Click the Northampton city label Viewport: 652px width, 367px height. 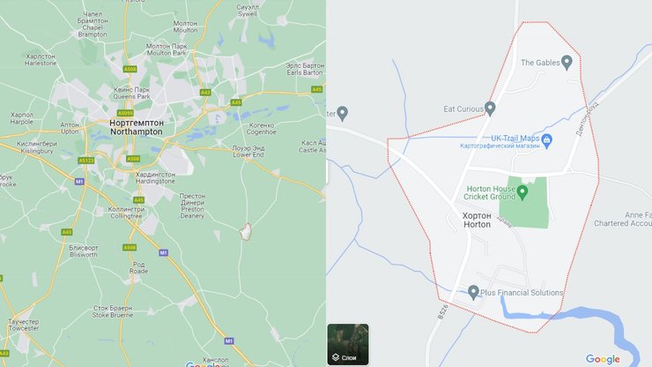click(x=136, y=127)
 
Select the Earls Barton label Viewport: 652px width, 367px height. click(x=305, y=68)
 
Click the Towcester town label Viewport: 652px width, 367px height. click(x=23, y=326)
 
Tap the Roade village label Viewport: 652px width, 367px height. click(x=138, y=268)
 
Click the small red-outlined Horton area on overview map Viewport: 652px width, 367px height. click(x=246, y=230)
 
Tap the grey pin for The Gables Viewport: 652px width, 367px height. click(x=567, y=62)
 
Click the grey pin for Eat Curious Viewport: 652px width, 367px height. click(x=490, y=109)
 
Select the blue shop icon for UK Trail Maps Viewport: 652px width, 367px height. click(x=546, y=139)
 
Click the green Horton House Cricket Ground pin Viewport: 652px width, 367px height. click(x=522, y=191)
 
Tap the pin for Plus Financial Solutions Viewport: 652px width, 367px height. click(x=473, y=292)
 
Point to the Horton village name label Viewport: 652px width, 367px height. click(x=477, y=220)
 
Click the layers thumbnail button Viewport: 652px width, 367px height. click(x=348, y=344)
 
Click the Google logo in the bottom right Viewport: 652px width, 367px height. click(x=603, y=358)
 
